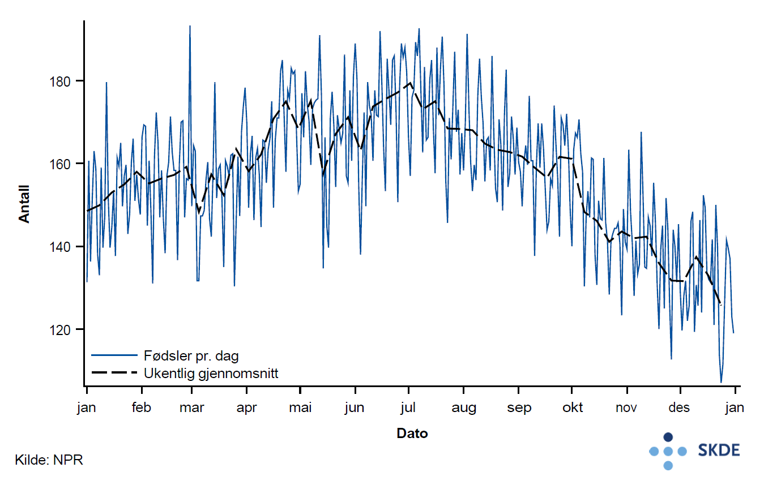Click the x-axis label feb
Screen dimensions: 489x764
click(141, 407)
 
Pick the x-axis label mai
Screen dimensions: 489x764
click(300, 407)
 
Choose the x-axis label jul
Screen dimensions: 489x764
click(408, 407)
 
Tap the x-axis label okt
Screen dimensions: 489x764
click(572, 407)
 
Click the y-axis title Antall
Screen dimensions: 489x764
click(24, 204)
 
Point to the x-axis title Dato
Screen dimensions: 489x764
click(412, 434)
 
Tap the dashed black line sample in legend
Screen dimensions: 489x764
click(114, 373)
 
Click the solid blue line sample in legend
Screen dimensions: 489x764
click(114, 355)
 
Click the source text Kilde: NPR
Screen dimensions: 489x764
click(49, 460)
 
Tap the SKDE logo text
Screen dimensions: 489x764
click(719, 451)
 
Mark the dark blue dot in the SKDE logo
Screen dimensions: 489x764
click(668, 437)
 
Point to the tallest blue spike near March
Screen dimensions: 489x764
click(190, 26)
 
